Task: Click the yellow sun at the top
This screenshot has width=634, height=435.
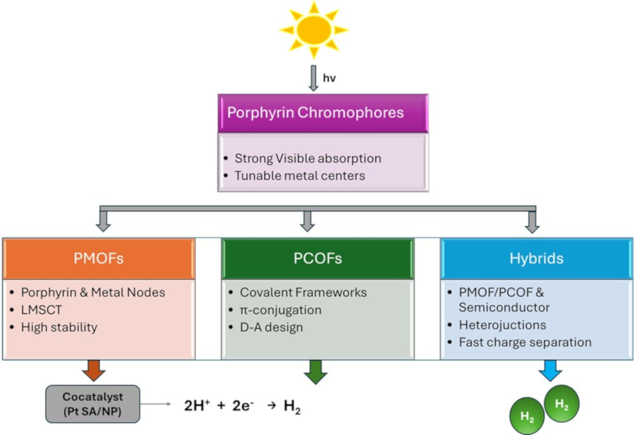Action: pos(314,30)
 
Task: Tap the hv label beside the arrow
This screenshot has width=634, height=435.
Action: pos(329,78)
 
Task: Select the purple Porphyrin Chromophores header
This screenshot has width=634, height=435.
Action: pos(323,113)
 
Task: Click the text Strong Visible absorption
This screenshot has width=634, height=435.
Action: pos(307,158)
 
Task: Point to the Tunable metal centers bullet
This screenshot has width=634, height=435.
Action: pos(300,176)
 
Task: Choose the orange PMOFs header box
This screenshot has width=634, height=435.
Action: pos(99,258)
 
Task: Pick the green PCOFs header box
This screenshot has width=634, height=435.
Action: pos(318,258)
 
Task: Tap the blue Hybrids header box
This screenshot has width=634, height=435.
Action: pos(536,258)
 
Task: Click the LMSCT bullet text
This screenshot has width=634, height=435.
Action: pos(41,310)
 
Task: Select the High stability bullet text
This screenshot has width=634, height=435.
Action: pos(59,327)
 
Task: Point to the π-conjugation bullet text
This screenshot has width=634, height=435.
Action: pos(280,310)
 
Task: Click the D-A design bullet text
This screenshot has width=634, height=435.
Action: pos(271,327)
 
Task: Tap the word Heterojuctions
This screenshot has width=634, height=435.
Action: pos(502,325)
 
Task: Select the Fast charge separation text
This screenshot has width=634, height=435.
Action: pos(525,342)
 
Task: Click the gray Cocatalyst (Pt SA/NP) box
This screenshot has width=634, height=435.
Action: pos(93,404)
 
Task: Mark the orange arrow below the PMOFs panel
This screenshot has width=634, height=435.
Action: pos(94,370)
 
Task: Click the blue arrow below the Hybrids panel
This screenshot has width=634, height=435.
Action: pos(550,370)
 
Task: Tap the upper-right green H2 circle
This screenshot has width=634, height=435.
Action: pos(562,404)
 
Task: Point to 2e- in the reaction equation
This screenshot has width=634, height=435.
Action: pos(243,405)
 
